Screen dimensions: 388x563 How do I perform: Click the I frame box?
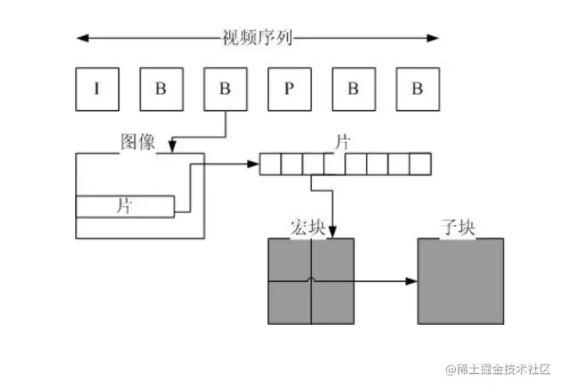(96, 89)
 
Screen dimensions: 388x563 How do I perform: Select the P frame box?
(289, 89)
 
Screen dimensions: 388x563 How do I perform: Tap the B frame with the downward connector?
(224, 89)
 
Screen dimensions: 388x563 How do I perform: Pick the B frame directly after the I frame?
(160, 89)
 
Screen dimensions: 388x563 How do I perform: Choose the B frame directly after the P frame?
(353, 89)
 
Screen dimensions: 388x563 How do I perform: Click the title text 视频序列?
(257, 37)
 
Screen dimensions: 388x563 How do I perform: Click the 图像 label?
(138, 142)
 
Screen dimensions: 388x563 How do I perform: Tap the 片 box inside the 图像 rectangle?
(124, 207)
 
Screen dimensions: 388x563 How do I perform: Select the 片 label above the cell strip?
(342, 143)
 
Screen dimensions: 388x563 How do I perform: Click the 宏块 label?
(307, 228)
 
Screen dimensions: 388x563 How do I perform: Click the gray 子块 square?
(460, 281)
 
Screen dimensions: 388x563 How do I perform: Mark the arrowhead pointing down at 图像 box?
(172, 148)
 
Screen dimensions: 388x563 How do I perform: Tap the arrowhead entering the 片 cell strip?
(253, 164)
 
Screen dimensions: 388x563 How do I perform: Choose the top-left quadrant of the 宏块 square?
(289, 260)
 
